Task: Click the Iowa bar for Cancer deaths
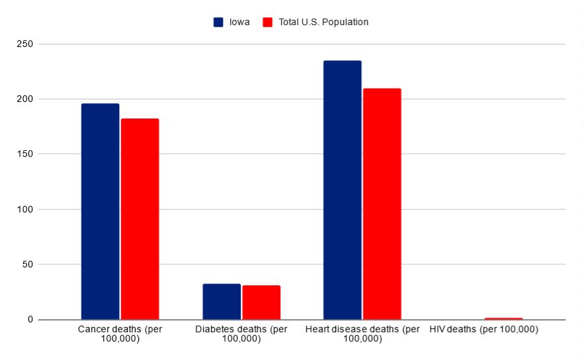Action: coord(100,211)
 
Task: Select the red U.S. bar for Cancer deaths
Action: coord(140,219)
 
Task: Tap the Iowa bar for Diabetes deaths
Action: coord(222,302)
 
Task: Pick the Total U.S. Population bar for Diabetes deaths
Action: coord(261,302)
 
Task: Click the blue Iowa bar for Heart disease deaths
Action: coord(342,190)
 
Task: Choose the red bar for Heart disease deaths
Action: coord(382,204)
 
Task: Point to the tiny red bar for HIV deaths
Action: coord(503,318)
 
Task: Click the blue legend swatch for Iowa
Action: coord(218,22)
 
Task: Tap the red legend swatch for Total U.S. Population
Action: coord(268,22)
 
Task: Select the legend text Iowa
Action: coord(238,22)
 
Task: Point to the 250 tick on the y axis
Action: coord(26,44)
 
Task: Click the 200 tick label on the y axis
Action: coord(26,99)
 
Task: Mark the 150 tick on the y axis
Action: coord(26,154)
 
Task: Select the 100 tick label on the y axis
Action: coord(26,210)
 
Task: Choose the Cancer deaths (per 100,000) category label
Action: coord(120,334)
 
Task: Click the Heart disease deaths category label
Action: coord(362,334)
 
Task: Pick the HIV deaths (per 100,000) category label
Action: coord(483,329)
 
